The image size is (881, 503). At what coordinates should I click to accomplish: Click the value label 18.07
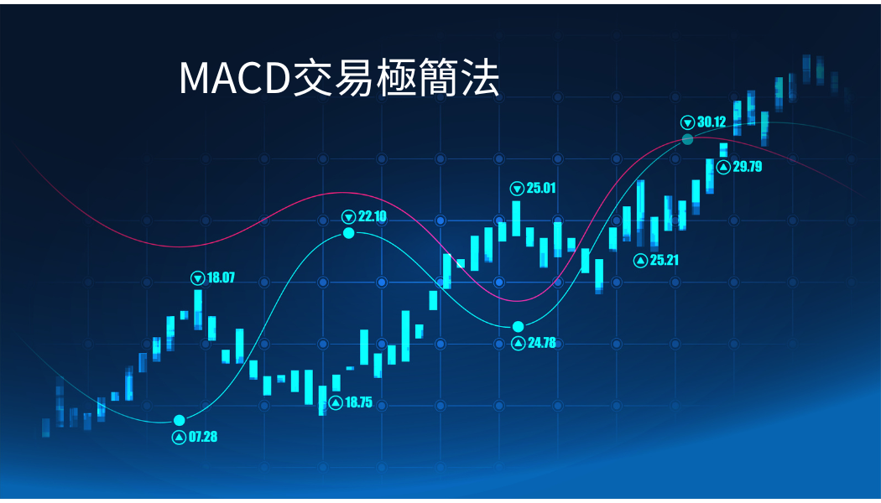click(x=221, y=277)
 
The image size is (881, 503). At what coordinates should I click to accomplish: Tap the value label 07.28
click(x=203, y=437)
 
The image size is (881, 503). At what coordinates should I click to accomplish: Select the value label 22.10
click(x=372, y=216)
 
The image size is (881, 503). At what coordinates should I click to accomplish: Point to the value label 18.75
click(x=358, y=402)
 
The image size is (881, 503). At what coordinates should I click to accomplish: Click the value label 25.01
click(x=541, y=188)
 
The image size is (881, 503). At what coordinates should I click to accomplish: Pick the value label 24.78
click(x=542, y=342)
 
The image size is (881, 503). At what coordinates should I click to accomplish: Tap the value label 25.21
click(x=665, y=260)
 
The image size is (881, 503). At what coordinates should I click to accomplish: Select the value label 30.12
click(x=712, y=122)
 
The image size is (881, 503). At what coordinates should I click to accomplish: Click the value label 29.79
click(x=748, y=167)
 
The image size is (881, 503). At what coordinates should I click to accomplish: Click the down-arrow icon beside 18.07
click(x=198, y=277)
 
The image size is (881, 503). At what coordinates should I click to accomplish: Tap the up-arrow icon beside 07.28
click(x=180, y=438)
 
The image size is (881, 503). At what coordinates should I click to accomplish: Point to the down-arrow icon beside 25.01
click(x=517, y=189)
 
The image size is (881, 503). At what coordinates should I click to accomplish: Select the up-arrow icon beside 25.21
click(x=640, y=261)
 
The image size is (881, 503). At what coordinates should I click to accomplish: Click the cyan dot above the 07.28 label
click(x=180, y=421)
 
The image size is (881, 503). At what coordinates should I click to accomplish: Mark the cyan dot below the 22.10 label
click(x=349, y=233)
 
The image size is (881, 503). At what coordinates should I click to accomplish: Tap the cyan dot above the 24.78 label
click(x=518, y=327)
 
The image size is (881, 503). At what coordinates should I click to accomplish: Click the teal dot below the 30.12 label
click(x=688, y=139)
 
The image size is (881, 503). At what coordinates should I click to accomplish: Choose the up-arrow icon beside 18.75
click(x=336, y=403)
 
